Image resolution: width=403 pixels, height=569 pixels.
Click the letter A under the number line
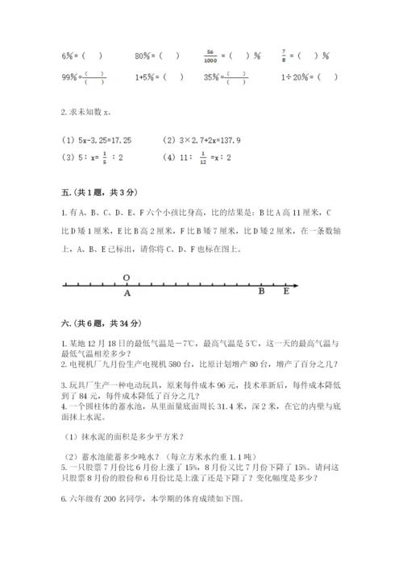tap(127, 294)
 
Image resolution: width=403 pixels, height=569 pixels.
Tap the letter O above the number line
tap(127, 276)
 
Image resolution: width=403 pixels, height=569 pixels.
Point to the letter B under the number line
tap(261, 293)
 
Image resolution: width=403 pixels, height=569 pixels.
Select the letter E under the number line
tap(285, 293)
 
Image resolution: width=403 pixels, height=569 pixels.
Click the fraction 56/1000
tap(214, 56)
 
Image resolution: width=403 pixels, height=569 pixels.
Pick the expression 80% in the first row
tap(144, 56)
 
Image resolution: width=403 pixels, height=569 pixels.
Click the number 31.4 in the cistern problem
tap(226, 406)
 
